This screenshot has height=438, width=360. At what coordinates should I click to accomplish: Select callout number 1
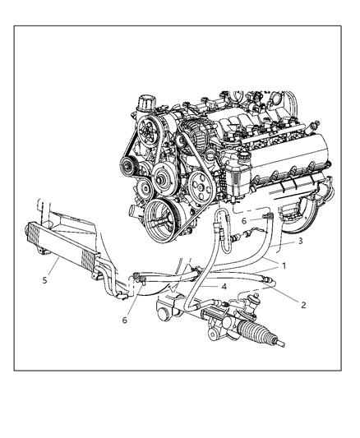(x=284, y=266)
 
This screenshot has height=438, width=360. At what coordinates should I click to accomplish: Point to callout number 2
(x=302, y=304)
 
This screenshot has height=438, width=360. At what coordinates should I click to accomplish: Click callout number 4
(x=224, y=286)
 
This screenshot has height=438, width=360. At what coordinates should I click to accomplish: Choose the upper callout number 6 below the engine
(x=243, y=221)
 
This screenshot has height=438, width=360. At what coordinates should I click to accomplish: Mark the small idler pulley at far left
(x=126, y=170)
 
